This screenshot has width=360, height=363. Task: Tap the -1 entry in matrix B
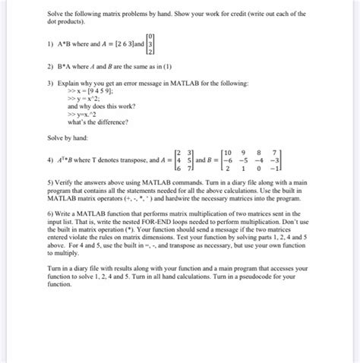(x=280, y=169)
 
